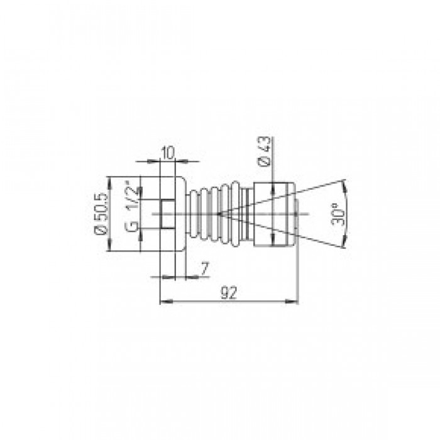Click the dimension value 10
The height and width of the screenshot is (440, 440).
pyautogui.click(x=168, y=153)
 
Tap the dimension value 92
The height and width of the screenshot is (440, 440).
pyautogui.click(x=229, y=292)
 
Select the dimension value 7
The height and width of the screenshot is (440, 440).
pyautogui.click(x=205, y=268)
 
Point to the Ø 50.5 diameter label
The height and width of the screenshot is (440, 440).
pyautogui.click(x=102, y=213)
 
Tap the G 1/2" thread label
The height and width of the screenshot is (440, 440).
pyautogui.click(x=132, y=207)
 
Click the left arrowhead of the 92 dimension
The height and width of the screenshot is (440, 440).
pyautogui.click(x=165, y=302)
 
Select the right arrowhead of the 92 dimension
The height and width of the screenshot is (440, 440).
pyautogui.click(x=292, y=302)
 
